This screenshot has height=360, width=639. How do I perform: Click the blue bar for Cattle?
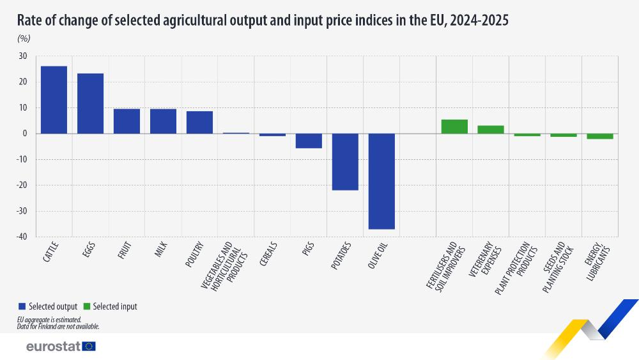[x=54, y=100]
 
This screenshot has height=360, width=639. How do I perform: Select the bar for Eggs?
[x=90, y=103]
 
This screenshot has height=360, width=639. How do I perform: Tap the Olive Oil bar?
[x=381, y=181]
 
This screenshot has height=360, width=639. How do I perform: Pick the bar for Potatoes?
[x=345, y=162]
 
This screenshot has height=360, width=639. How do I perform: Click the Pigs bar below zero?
[x=309, y=141]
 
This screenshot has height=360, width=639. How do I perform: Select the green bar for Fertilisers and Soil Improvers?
[x=454, y=127]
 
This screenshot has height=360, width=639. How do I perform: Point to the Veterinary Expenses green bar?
[x=491, y=129]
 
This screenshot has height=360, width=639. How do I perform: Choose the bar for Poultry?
[x=199, y=122]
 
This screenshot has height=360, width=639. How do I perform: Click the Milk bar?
[x=163, y=121]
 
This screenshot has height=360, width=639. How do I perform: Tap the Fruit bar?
[x=127, y=121]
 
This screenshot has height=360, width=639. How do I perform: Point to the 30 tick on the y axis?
[x=22, y=56]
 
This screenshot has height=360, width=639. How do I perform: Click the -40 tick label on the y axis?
[x=21, y=237]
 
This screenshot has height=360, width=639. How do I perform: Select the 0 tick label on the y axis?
[x=24, y=134]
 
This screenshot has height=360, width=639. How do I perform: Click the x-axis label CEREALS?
[x=268, y=254]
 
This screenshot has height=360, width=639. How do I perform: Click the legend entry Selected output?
[x=53, y=306]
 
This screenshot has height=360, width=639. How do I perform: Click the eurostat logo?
[x=61, y=346]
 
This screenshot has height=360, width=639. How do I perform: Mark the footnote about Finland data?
[x=58, y=326]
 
